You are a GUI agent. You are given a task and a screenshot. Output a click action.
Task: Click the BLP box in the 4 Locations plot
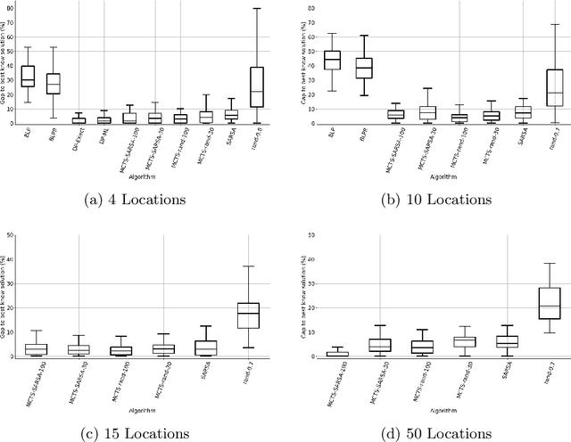(x=28, y=76)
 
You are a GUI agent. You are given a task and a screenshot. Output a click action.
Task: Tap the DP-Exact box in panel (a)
(x=79, y=120)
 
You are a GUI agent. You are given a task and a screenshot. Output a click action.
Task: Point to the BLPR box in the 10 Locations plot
(x=363, y=69)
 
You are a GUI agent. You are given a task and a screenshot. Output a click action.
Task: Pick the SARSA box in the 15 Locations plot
(x=206, y=348)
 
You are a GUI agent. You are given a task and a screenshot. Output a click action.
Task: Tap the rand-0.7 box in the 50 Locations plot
(x=549, y=303)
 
